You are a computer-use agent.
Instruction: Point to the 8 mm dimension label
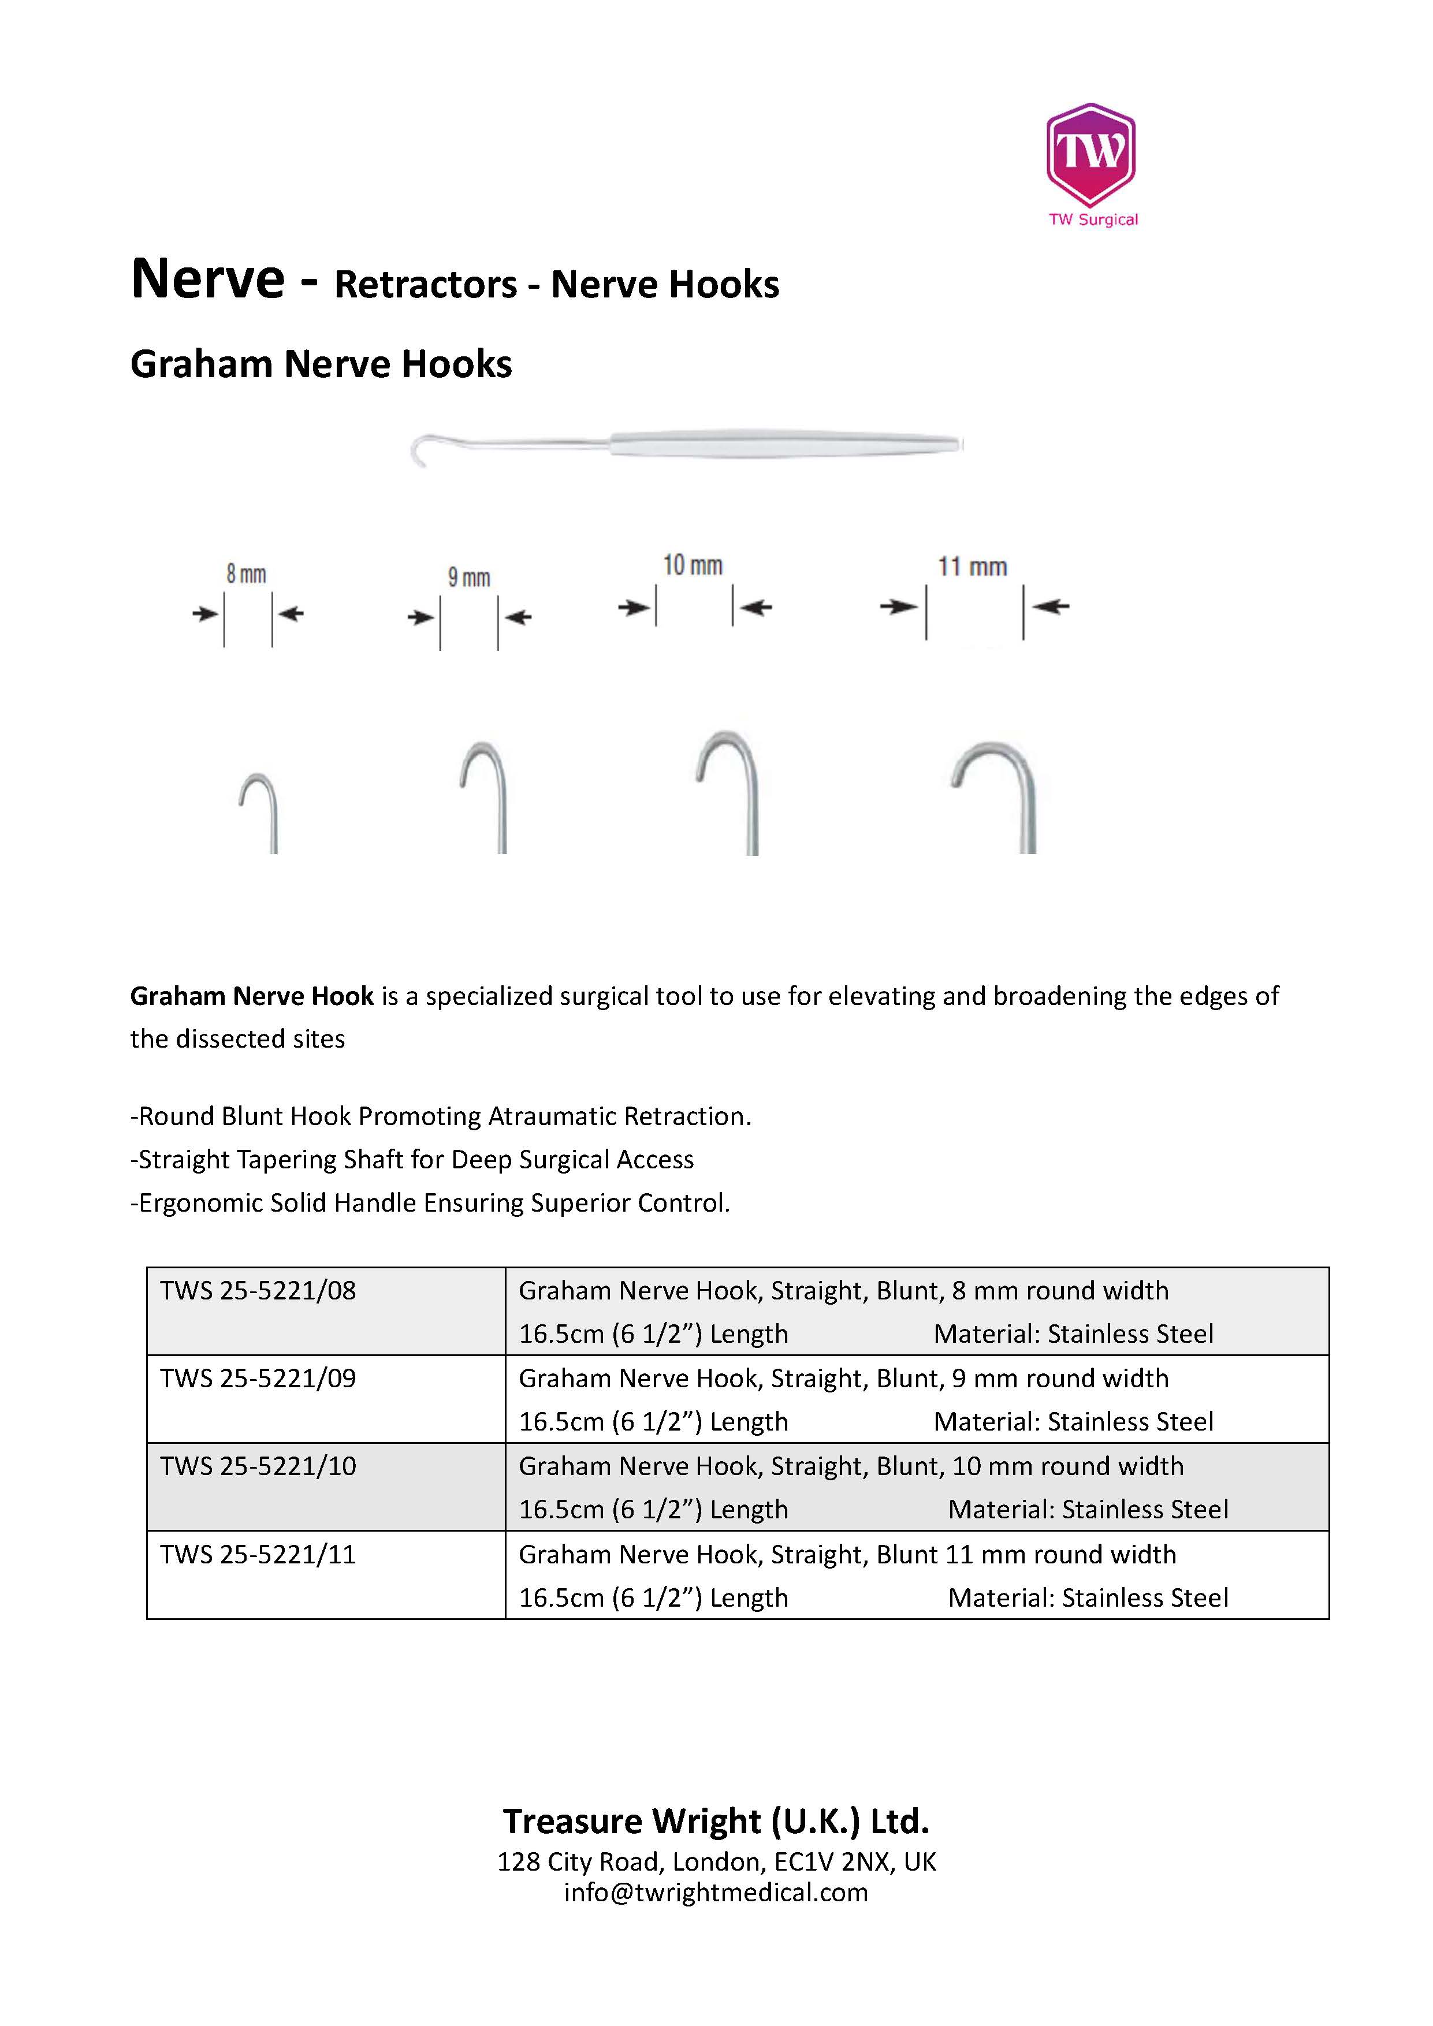click(x=246, y=575)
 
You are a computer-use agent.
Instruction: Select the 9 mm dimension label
click(x=468, y=578)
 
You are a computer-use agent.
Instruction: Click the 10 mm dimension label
click(x=693, y=565)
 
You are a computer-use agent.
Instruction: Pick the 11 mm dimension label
click(x=973, y=567)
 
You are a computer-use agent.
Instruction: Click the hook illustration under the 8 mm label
click(x=260, y=812)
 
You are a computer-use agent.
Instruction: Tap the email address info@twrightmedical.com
click(x=716, y=1892)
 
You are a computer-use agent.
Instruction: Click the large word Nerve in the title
click(x=209, y=279)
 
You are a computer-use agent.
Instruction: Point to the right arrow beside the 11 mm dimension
click(x=1052, y=606)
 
